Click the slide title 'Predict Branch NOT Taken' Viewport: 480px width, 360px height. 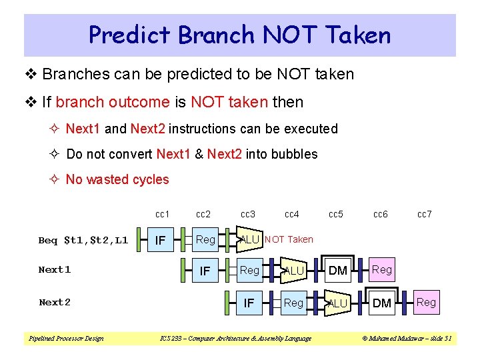[x=239, y=35]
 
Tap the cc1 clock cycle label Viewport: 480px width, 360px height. [x=162, y=214]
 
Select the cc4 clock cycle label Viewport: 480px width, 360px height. [x=291, y=214]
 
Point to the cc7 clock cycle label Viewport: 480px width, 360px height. [x=424, y=214]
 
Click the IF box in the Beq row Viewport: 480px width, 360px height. [x=161, y=239]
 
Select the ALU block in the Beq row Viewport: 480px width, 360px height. [x=249, y=239]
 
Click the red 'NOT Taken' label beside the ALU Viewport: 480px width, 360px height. [x=289, y=239]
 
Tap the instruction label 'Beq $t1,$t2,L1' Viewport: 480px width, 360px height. [x=83, y=240]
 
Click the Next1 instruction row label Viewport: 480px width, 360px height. [x=55, y=270]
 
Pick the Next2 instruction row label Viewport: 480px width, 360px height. [x=55, y=302]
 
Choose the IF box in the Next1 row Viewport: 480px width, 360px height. [x=205, y=271]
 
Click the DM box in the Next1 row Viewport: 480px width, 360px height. [x=338, y=271]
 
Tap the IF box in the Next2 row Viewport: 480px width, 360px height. [x=249, y=303]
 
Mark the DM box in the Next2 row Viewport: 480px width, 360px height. [x=382, y=303]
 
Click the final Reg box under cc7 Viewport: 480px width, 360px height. [x=426, y=302]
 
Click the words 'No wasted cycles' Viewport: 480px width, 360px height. [x=117, y=179]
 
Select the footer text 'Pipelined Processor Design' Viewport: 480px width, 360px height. [x=65, y=339]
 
